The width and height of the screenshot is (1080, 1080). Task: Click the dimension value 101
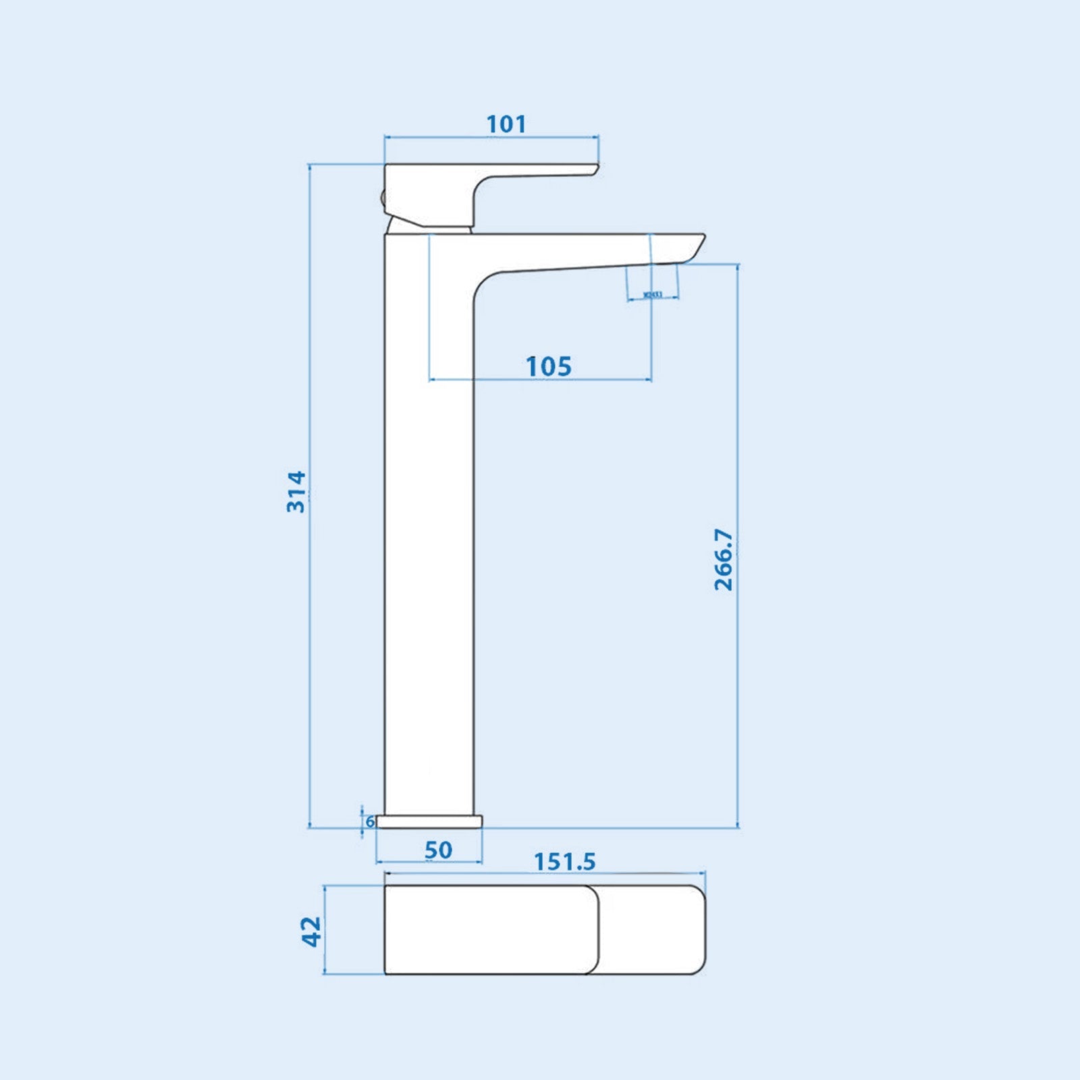click(506, 124)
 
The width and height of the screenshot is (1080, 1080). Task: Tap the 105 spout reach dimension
click(548, 367)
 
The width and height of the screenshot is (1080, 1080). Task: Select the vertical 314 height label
click(296, 492)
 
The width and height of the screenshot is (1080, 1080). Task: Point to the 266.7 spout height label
click(723, 560)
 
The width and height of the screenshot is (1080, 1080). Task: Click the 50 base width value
click(438, 850)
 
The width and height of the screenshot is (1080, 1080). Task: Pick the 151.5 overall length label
click(565, 862)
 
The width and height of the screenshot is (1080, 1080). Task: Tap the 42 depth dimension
click(311, 931)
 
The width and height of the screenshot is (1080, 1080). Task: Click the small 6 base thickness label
click(370, 821)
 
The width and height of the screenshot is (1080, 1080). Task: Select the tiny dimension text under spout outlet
click(653, 294)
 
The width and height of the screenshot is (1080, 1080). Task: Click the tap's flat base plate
click(429, 821)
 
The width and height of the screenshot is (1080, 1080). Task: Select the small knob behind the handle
click(382, 198)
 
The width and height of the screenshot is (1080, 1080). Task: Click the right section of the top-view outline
click(652, 929)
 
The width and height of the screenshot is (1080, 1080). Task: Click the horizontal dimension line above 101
click(491, 137)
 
